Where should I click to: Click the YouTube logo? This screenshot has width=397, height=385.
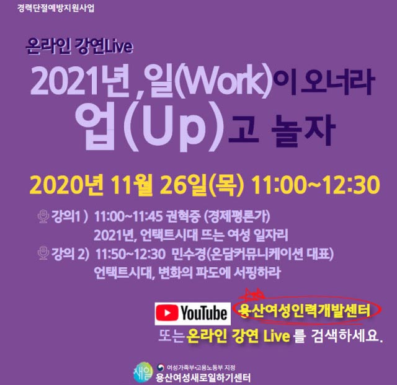193,313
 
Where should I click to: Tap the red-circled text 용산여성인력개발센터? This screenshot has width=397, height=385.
305,311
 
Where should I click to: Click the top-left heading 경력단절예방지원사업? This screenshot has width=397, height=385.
56,8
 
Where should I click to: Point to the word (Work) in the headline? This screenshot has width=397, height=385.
223,81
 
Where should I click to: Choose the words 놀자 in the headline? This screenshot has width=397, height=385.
303,131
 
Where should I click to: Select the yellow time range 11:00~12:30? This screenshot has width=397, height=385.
316,184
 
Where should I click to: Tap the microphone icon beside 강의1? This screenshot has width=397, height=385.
43,216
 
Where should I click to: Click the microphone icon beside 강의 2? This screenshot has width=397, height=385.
43,252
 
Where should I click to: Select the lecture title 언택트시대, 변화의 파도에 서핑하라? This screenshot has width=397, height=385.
187,273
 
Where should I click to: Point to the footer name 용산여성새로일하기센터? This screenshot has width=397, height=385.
203,378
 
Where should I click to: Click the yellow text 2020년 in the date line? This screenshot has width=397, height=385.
66,184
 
